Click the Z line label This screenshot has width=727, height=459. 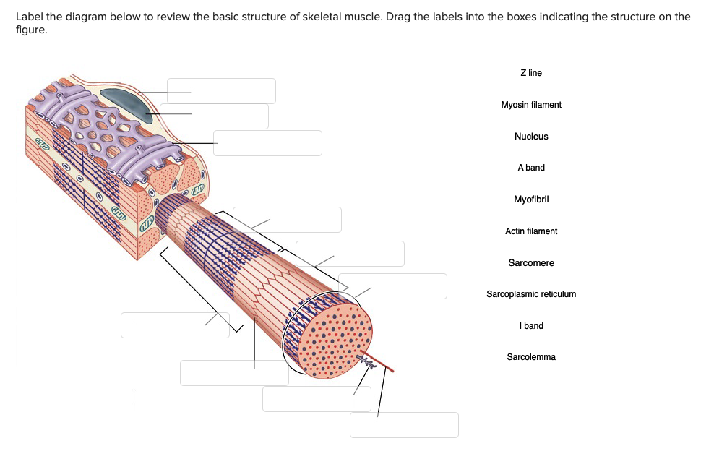pos(530,73)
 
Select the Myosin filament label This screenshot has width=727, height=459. pos(530,105)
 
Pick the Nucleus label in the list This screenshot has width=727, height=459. pos(530,137)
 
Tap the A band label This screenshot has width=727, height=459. pos(530,168)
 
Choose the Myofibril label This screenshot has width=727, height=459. pos(530,200)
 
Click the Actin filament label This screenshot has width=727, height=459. pos(530,231)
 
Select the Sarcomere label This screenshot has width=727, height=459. pos(530,263)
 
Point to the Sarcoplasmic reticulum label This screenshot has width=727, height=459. pos(530,294)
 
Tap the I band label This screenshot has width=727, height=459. pos(530,326)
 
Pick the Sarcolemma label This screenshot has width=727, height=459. pos(530,357)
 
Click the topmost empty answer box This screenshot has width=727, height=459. pos(221,91)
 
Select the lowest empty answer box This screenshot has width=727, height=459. pos(404,425)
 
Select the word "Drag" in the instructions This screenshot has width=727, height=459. pos(398,17)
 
